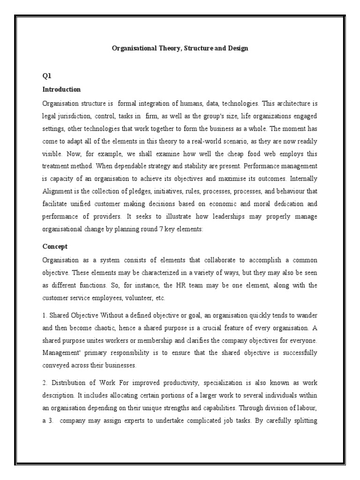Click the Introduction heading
(x=61, y=89)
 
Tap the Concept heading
(x=55, y=246)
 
